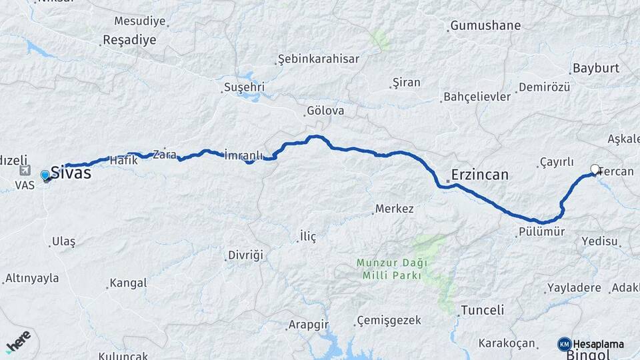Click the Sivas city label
click(x=71, y=173)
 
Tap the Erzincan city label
click(x=479, y=175)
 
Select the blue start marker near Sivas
click(x=45, y=175)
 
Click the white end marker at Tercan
click(x=595, y=169)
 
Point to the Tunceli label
click(x=482, y=310)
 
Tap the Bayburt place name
click(x=595, y=68)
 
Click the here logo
click(x=18, y=341)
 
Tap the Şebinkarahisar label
click(x=318, y=59)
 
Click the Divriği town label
click(x=246, y=255)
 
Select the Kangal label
click(x=127, y=283)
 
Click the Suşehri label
click(x=244, y=87)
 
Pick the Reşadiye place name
click(x=129, y=40)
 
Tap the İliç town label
click(x=307, y=236)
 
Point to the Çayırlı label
click(x=556, y=162)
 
